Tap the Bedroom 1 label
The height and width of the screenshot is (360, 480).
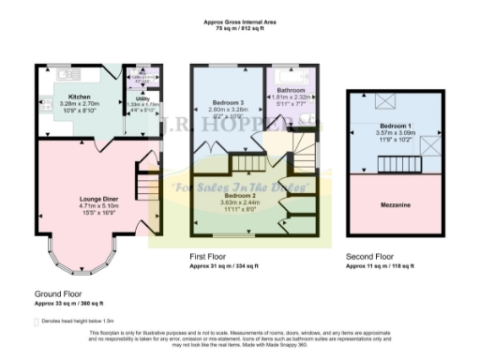tap(394, 125)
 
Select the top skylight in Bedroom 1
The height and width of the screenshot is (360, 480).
tap(385, 100)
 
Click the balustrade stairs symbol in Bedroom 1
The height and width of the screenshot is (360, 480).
tap(394, 166)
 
